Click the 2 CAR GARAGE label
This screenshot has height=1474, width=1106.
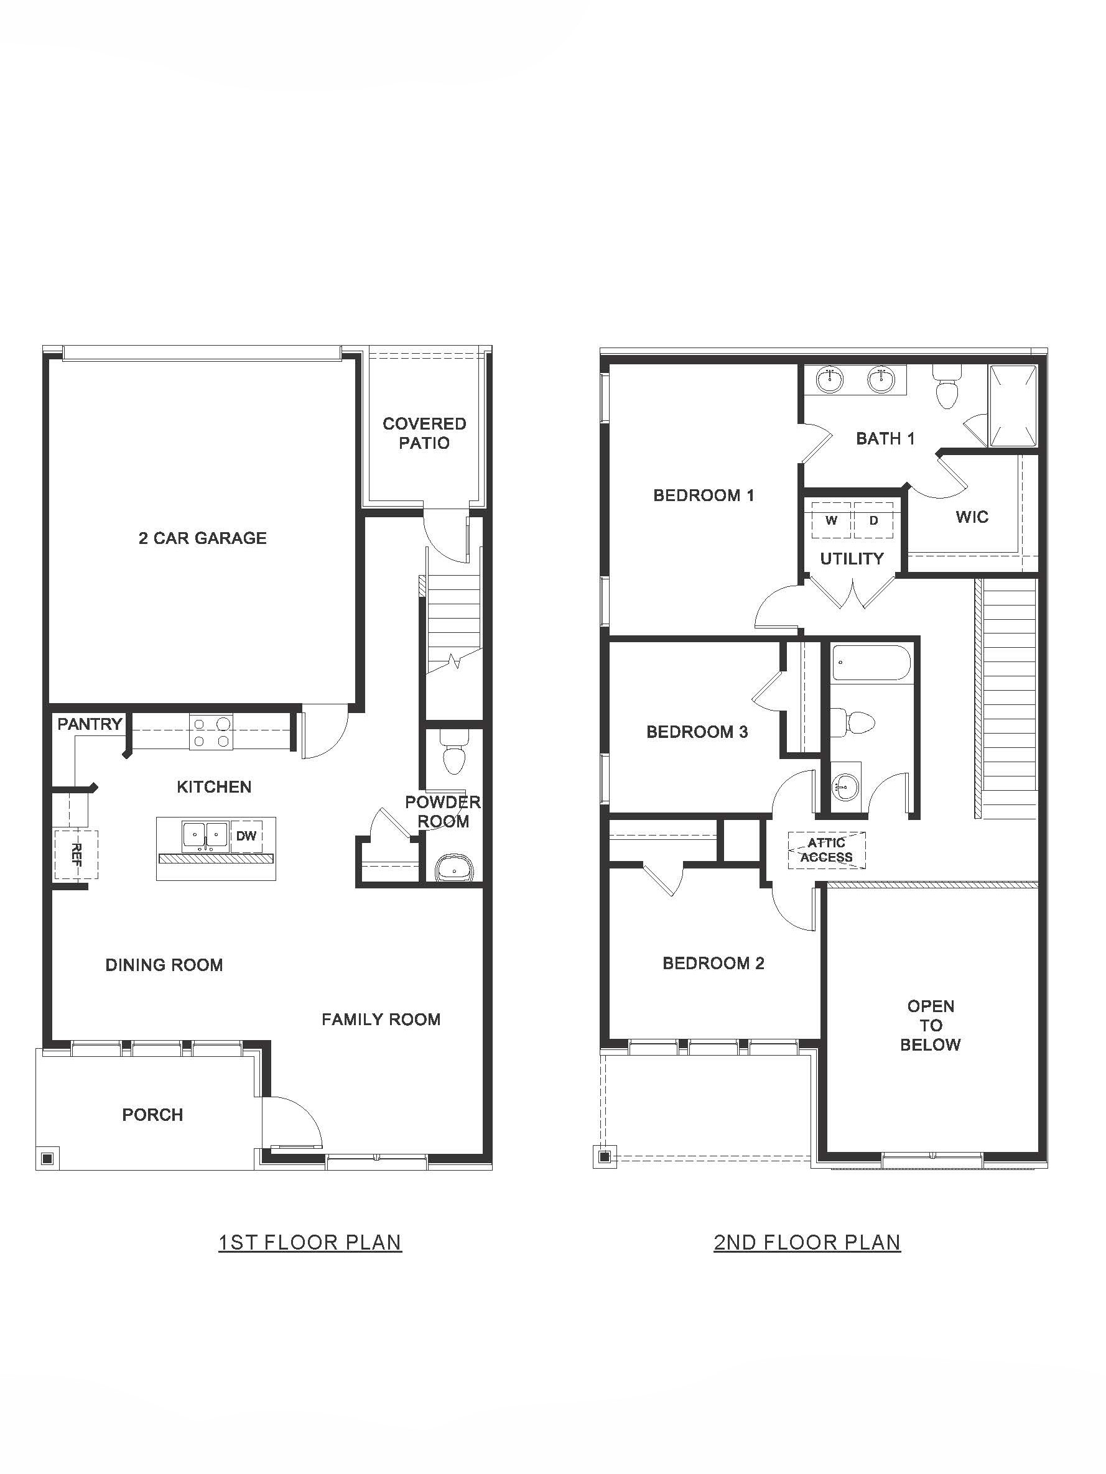pyautogui.click(x=202, y=538)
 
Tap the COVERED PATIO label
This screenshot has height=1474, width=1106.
pyautogui.click(x=424, y=433)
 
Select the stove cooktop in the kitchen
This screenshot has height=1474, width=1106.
pyautogui.click(x=210, y=732)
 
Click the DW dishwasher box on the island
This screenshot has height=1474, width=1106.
pyautogui.click(x=246, y=836)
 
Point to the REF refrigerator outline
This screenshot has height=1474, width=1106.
pyautogui.click(x=75, y=854)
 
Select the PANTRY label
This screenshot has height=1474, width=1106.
pyautogui.click(x=90, y=724)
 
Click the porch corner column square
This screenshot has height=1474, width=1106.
pyautogui.click(x=47, y=1159)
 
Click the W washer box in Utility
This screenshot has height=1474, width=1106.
pyautogui.click(x=830, y=520)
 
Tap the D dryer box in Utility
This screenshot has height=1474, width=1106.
pyautogui.click(x=873, y=520)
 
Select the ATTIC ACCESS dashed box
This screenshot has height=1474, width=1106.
pyautogui.click(x=827, y=850)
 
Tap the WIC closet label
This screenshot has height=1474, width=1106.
pyautogui.click(x=972, y=517)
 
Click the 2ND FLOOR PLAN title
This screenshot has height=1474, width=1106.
pyautogui.click(x=807, y=1242)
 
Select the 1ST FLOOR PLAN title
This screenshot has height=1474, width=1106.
pyautogui.click(x=310, y=1242)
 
